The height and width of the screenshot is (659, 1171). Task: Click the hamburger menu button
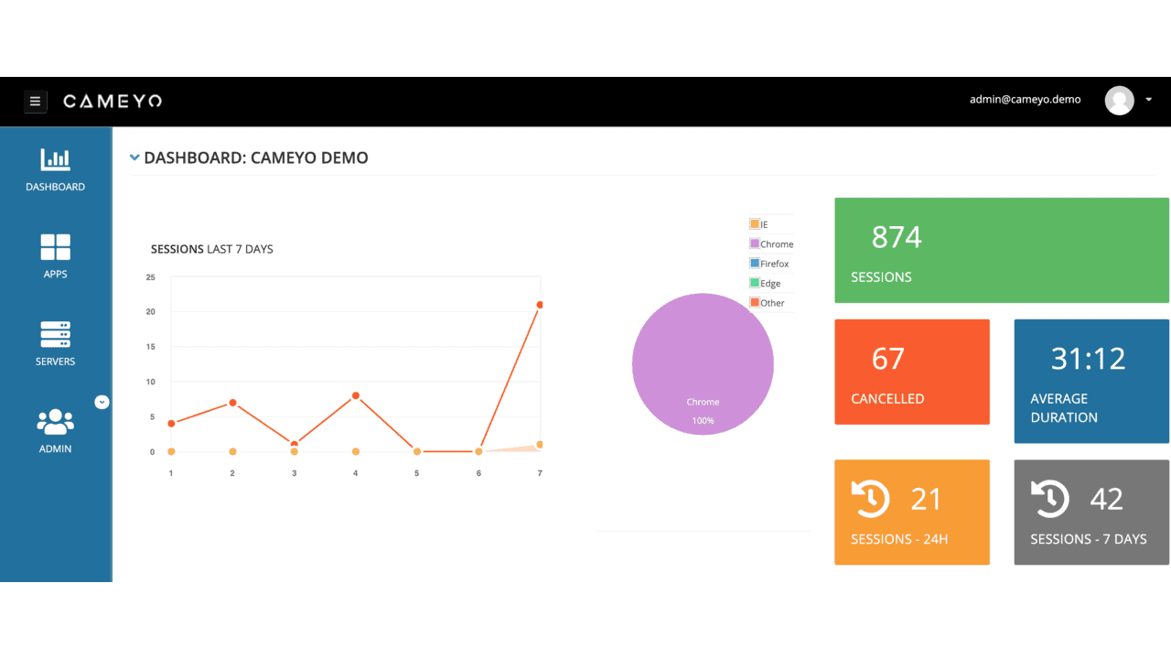[36, 102]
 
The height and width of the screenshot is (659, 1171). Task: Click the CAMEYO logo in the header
[113, 102]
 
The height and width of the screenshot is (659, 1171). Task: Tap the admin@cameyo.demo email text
[1025, 100]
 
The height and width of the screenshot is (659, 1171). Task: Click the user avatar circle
[1119, 101]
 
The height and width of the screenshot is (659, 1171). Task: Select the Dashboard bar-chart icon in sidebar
[55, 159]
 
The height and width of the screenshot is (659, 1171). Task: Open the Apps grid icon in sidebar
[55, 247]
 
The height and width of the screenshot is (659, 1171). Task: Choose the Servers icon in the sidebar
[55, 334]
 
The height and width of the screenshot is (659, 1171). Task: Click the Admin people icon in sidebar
[55, 422]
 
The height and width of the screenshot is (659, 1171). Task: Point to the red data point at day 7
[540, 305]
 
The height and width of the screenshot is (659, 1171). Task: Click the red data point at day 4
[355, 396]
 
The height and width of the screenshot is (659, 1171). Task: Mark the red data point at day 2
[232, 403]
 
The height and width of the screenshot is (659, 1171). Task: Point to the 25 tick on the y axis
[151, 277]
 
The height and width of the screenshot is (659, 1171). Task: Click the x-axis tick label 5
[416, 473]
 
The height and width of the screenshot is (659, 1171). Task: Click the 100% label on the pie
[703, 421]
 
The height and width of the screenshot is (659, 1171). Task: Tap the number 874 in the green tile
[897, 238]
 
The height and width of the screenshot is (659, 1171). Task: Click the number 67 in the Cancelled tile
[887, 359]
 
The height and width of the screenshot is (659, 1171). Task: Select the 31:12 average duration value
[1088, 359]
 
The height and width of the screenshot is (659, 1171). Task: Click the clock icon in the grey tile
[1050, 498]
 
